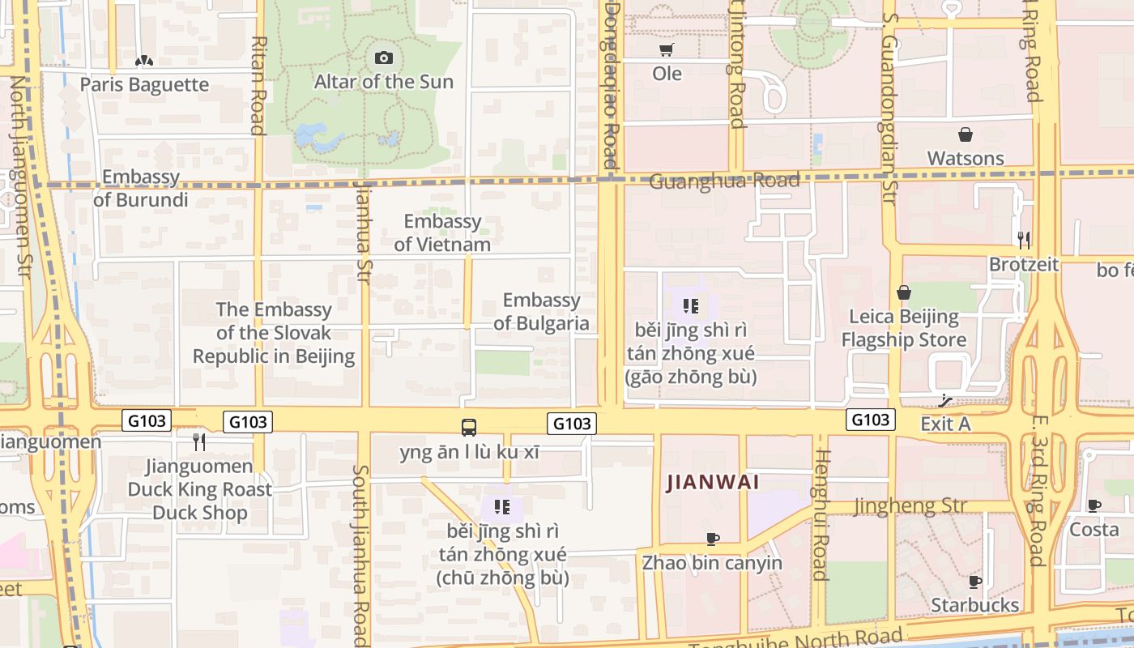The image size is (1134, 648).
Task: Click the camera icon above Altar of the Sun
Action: click(384, 58)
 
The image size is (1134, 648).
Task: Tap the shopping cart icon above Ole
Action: click(667, 50)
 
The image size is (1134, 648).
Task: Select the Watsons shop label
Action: click(966, 158)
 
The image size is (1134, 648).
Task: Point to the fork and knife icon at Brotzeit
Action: click(1024, 239)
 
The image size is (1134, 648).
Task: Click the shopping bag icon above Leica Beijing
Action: click(904, 292)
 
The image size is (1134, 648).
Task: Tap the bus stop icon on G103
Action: click(469, 427)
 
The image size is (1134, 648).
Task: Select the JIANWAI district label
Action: click(713, 483)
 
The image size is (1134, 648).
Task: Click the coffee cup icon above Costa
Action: click(1094, 506)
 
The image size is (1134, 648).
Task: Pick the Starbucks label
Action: click(974, 605)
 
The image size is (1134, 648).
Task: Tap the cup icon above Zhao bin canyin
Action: click(713, 539)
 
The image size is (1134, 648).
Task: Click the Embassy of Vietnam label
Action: click(442, 232)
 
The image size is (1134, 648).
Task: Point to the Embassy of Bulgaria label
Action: click(541, 312)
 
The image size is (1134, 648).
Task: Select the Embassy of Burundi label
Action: click(141, 188)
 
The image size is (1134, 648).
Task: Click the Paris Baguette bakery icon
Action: click(144, 61)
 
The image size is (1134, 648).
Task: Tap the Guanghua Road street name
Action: click(724, 180)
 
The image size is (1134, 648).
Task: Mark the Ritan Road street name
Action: click(258, 85)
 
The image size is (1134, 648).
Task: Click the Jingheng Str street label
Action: click(910, 506)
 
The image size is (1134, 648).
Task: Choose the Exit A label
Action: click(945, 424)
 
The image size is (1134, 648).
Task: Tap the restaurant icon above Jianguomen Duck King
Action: click(199, 441)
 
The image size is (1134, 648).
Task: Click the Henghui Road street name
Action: click(821, 514)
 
